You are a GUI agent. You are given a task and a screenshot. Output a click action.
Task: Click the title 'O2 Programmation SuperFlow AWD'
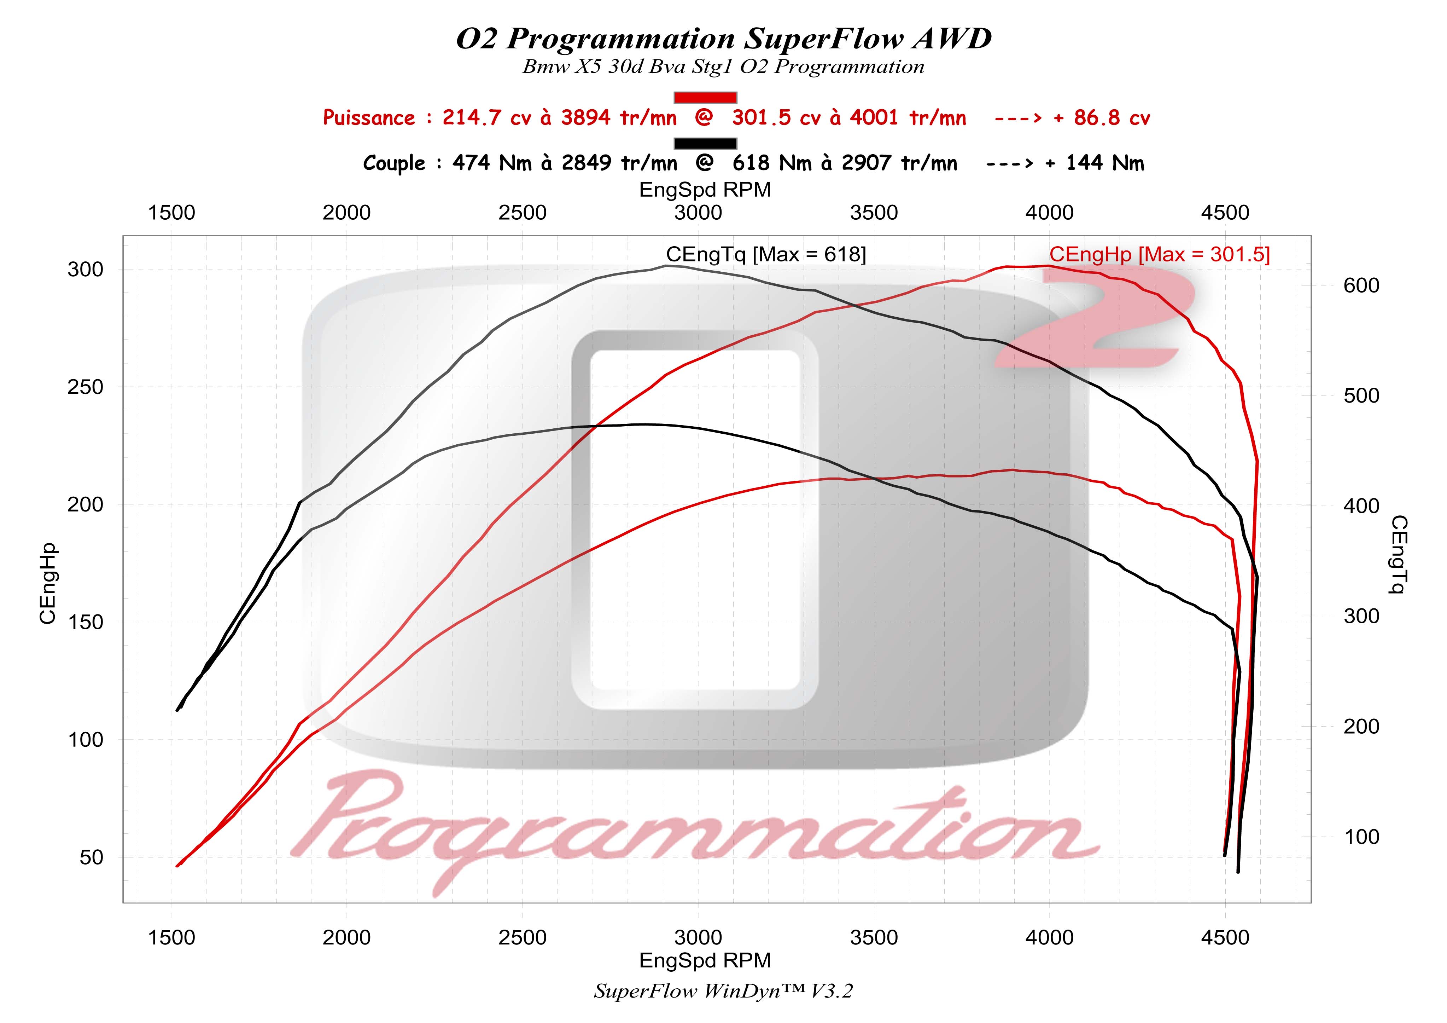click(723, 39)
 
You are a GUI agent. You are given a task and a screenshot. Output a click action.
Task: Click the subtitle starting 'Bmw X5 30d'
click(723, 67)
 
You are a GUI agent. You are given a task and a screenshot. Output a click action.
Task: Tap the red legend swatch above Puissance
click(705, 97)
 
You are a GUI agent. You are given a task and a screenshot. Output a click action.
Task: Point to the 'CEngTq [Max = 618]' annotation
click(766, 254)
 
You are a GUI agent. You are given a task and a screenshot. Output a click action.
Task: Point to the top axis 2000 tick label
click(346, 213)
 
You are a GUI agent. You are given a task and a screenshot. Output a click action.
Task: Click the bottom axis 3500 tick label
click(874, 938)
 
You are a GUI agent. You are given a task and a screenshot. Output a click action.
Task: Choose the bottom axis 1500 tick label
click(171, 938)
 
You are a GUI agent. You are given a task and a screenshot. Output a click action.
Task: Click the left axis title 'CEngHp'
click(48, 583)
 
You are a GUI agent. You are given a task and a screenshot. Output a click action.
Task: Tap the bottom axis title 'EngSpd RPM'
click(705, 960)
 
